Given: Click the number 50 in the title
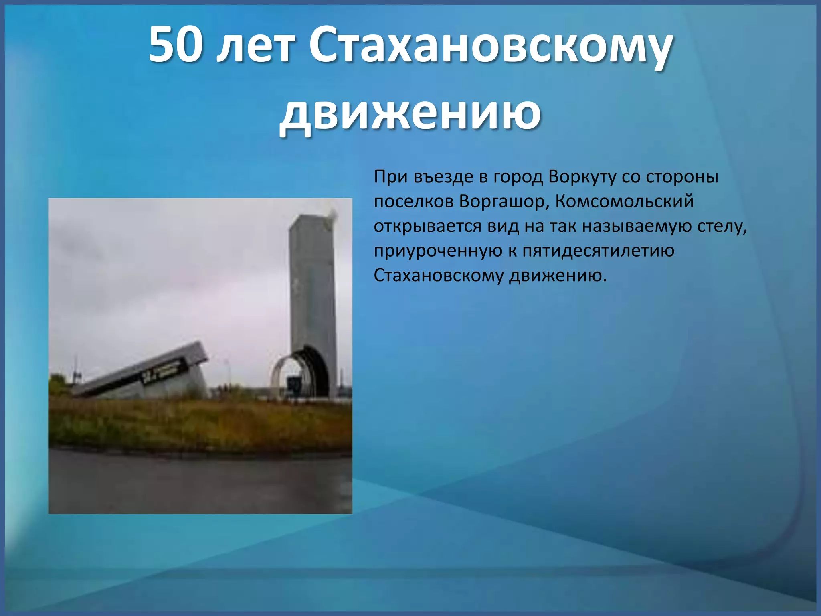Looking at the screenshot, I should point(174,45).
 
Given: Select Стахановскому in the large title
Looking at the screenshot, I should point(490,47).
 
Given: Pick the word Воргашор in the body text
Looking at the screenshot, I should point(504,201).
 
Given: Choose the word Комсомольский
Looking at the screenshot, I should point(625,201).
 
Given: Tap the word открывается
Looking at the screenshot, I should point(427,226).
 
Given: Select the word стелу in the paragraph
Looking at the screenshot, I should point(722,226).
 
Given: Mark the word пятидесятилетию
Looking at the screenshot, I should point(599,251).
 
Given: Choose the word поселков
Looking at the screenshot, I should point(413,201).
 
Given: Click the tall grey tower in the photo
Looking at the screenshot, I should point(312,281).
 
